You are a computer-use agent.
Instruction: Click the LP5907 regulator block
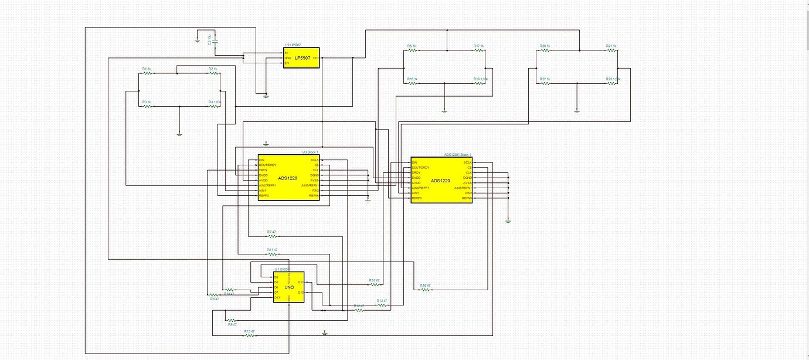[x=302, y=58]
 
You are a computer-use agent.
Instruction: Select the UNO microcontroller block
[x=289, y=287]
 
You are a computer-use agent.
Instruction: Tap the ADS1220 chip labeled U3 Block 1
[x=289, y=177]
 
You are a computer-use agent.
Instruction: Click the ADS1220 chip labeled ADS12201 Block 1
[x=441, y=181]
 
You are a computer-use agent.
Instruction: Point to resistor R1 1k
[x=147, y=73]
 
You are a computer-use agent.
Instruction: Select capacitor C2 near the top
[x=216, y=41]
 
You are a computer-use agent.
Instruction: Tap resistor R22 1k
[x=545, y=83]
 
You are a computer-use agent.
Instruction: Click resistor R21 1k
[x=611, y=50]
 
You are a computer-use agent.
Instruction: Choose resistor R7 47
[x=271, y=236]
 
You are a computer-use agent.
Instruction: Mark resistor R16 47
[x=425, y=290]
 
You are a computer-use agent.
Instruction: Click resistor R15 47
[x=250, y=335]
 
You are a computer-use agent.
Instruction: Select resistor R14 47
[x=374, y=284]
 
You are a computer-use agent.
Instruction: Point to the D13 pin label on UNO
[x=277, y=297]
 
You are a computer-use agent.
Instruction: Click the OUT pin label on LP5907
[x=316, y=58]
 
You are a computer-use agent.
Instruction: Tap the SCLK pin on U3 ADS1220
[x=314, y=159]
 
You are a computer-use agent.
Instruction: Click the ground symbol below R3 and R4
[x=179, y=134]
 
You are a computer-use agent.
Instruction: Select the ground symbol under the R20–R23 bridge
[x=577, y=110]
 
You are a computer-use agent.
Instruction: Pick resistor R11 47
[x=272, y=254]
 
